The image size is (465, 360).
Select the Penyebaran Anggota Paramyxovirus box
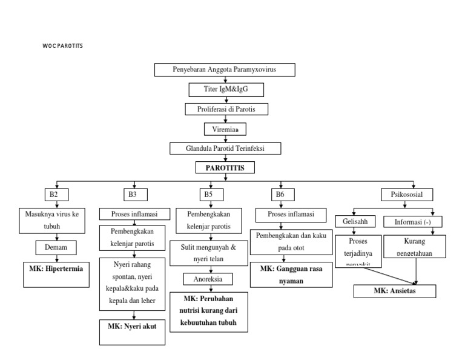(225, 70)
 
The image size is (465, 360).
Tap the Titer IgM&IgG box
(225, 90)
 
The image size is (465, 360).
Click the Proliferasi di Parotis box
(225, 109)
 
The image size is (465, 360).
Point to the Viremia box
(225, 129)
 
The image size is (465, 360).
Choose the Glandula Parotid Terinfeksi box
(225, 148)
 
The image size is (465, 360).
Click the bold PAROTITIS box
(225, 168)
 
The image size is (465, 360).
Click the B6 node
(280, 195)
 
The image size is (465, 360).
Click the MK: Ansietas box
(395, 292)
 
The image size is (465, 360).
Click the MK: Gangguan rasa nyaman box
(293, 275)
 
